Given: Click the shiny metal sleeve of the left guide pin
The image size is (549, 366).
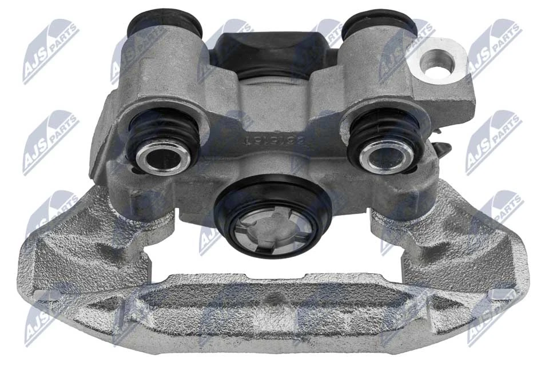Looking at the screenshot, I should pyautogui.click(x=166, y=154).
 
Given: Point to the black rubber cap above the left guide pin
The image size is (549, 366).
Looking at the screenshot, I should pyautogui.click(x=165, y=22).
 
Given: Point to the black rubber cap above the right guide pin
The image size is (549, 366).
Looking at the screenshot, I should pyautogui.click(x=380, y=22).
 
